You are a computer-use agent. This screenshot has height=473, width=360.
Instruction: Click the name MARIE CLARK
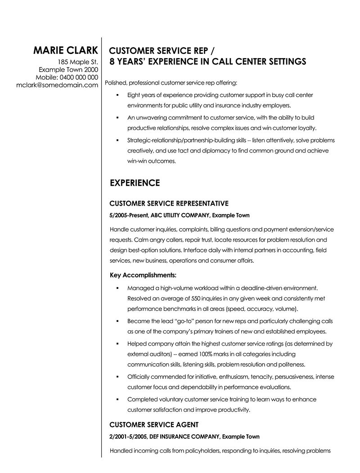click(x=65, y=50)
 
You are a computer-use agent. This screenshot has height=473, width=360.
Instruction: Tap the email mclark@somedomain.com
click(x=57, y=85)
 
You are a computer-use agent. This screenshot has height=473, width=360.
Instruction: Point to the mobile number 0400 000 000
click(x=79, y=77)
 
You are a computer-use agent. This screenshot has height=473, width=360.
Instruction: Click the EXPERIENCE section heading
click(x=135, y=183)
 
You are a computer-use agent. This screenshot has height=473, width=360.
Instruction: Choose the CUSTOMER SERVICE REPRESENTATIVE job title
click(x=169, y=203)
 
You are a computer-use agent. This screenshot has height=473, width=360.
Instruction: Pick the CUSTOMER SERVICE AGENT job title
click(x=154, y=424)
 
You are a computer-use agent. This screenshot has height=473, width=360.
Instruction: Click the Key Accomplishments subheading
click(x=143, y=274)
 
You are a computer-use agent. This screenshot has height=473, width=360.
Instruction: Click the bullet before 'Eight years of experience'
click(x=117, y=95)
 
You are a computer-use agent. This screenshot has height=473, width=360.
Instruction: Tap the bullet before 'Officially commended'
click(x=117, y=376)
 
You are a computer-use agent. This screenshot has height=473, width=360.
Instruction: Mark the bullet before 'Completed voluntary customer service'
click(x=117, y=399)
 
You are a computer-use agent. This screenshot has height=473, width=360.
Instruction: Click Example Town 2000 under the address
click(x=68, y=69)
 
